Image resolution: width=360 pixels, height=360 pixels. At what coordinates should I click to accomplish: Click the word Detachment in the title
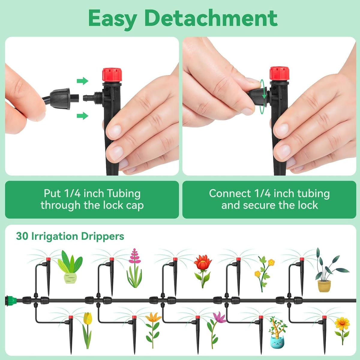click(211, 18)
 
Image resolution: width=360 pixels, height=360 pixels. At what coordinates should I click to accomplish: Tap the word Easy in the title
click(113, 19)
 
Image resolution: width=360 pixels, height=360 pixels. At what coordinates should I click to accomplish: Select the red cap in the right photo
click(280, 73)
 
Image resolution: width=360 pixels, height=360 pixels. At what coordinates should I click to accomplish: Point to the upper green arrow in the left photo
click(82, 81)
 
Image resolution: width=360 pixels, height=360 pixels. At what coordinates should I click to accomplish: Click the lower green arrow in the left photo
click(82, 116)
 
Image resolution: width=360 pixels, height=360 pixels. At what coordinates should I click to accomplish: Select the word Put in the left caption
click(52, 193)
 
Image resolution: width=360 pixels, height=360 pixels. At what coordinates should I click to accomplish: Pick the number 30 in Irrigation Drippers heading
click(22, 236)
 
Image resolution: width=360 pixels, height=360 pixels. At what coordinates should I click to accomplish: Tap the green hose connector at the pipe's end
click(11, 301)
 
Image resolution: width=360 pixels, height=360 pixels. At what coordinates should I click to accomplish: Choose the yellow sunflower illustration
click(342, 331)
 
